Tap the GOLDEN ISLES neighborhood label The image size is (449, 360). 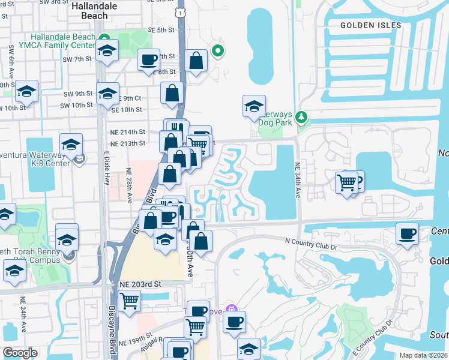click(x=365, y=25)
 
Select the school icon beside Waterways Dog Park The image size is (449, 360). click(x=254, y=107)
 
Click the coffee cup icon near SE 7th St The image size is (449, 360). click(x=148, y=60)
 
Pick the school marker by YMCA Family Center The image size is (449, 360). click(x=107, y=51)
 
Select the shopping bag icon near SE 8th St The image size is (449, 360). click(x=196, y=60)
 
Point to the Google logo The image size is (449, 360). click(x=19, y=352)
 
